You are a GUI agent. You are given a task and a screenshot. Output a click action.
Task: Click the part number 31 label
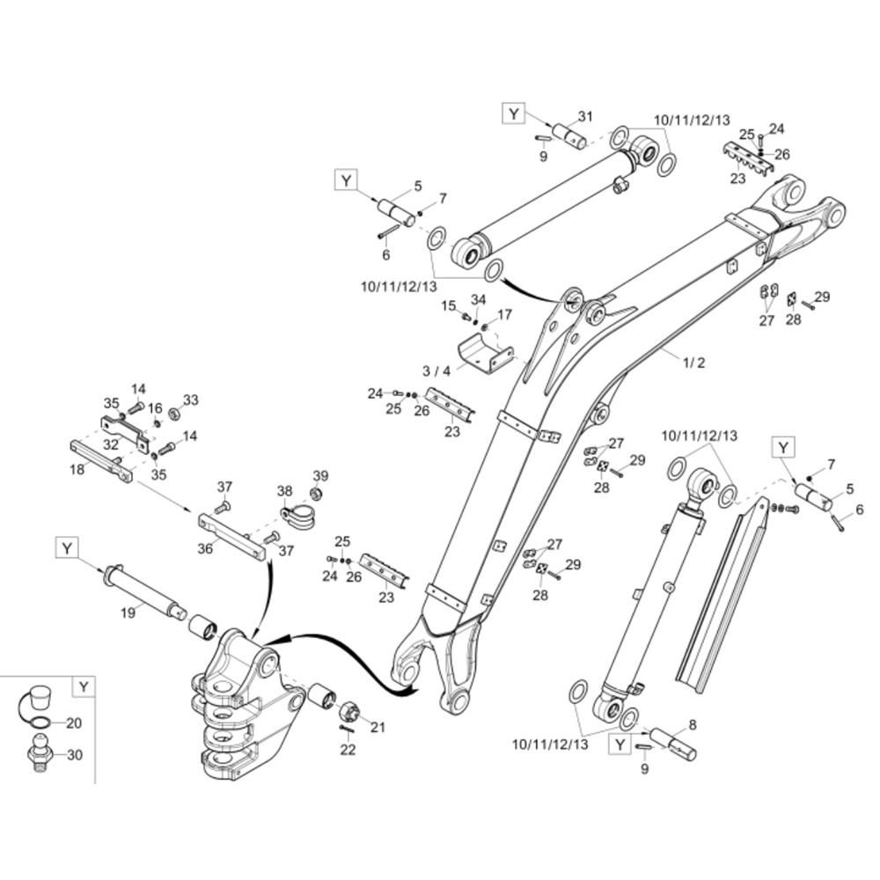point(585,117)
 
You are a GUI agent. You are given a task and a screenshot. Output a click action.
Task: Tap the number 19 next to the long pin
point(128,612)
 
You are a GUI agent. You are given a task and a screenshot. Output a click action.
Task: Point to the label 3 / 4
point(436,371)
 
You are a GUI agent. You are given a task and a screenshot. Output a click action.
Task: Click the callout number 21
point(378,727)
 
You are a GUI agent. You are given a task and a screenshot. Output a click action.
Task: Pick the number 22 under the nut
point(348,750)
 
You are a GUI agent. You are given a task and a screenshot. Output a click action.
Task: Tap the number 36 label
point(205,548)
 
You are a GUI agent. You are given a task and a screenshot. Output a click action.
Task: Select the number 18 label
point(77,470)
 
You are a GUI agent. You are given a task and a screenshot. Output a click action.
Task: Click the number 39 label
point(320,476)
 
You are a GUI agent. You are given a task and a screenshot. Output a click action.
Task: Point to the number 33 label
point(191,400)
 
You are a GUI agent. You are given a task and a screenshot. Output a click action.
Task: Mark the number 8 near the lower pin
point(693,725)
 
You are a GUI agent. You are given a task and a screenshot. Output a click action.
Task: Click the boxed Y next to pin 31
point(514,114)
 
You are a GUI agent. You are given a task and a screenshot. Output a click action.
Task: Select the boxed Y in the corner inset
point(84,686)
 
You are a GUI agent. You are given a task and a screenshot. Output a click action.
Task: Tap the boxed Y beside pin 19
point(68,548)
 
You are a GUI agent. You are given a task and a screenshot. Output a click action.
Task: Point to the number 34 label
point(478,300)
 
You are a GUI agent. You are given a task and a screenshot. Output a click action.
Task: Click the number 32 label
point(110,445)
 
